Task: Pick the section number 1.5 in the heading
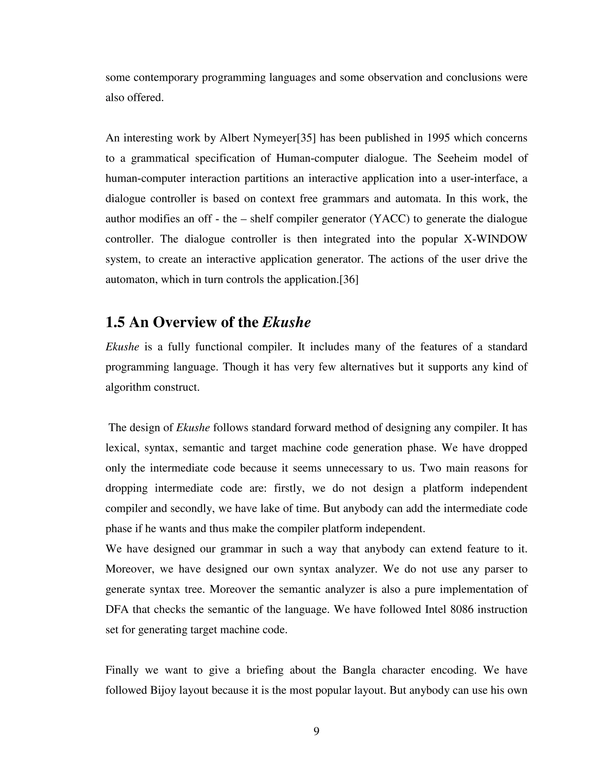[x=115, y=322]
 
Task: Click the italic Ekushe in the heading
[x=286, y=322]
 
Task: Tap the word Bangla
[x=359, y=670]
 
